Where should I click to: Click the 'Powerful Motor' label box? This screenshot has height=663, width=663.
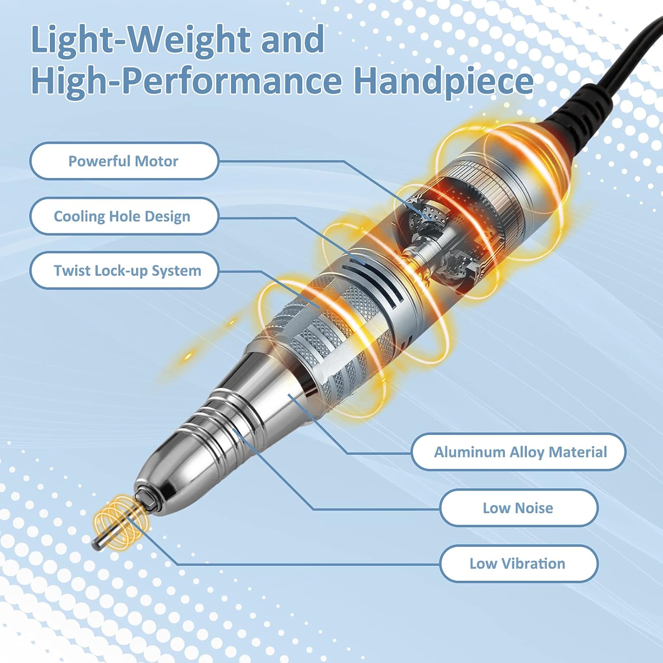click(124, 161)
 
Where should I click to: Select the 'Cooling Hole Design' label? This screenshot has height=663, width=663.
click(124, 216)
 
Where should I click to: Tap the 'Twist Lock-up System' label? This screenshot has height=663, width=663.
click(124, 271)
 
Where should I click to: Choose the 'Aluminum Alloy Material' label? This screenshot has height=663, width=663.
click(518, 452)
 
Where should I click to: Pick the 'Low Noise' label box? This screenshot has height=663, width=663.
click(519, 508)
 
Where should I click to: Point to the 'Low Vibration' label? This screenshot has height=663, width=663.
click(519, 564)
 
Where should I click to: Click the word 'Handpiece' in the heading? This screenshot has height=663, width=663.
click(444, 82)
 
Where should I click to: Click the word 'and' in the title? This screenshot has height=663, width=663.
click(293, 40)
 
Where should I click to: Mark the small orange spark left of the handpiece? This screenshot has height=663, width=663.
click(189, 355)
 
